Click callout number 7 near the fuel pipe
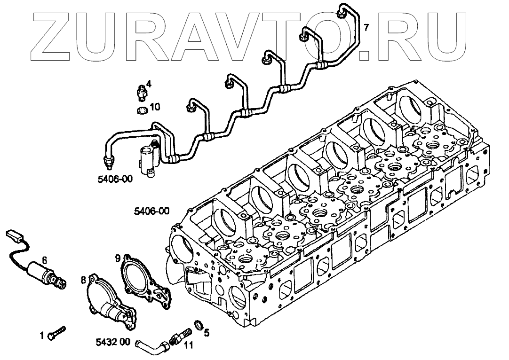(x=366, y=27)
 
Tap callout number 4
(x=149, y=84)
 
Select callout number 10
(x=155, y=107)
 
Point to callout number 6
(x=44, y=259)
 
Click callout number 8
(x=83, y=281)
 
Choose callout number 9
(x=118, y=257)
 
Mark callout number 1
(x=42, y=336)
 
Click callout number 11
(x=188, y=347)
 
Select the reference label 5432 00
(x=111, y=342)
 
